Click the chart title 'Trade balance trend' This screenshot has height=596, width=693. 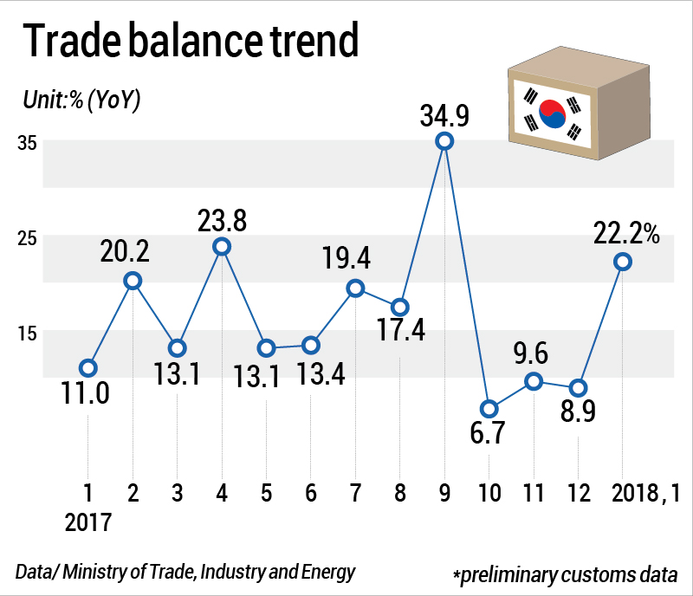[x=190, y=41]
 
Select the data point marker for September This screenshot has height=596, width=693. [x=444, y=141]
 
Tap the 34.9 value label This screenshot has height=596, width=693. [x=444, y=113]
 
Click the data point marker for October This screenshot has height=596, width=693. [x=489, y=409]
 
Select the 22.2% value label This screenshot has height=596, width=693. [x=627, y=233]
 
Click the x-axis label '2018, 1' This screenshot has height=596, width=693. [x=644, y=495]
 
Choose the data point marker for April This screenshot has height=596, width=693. [x=222, y=246]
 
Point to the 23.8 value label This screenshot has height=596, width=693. [x=222, y=220]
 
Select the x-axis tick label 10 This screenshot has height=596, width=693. [x=489, y=495]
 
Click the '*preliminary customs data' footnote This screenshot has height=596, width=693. [x=564, y=575]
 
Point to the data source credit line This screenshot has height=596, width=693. [x=185, y=572]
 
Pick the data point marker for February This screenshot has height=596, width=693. [x=133, y=280]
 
